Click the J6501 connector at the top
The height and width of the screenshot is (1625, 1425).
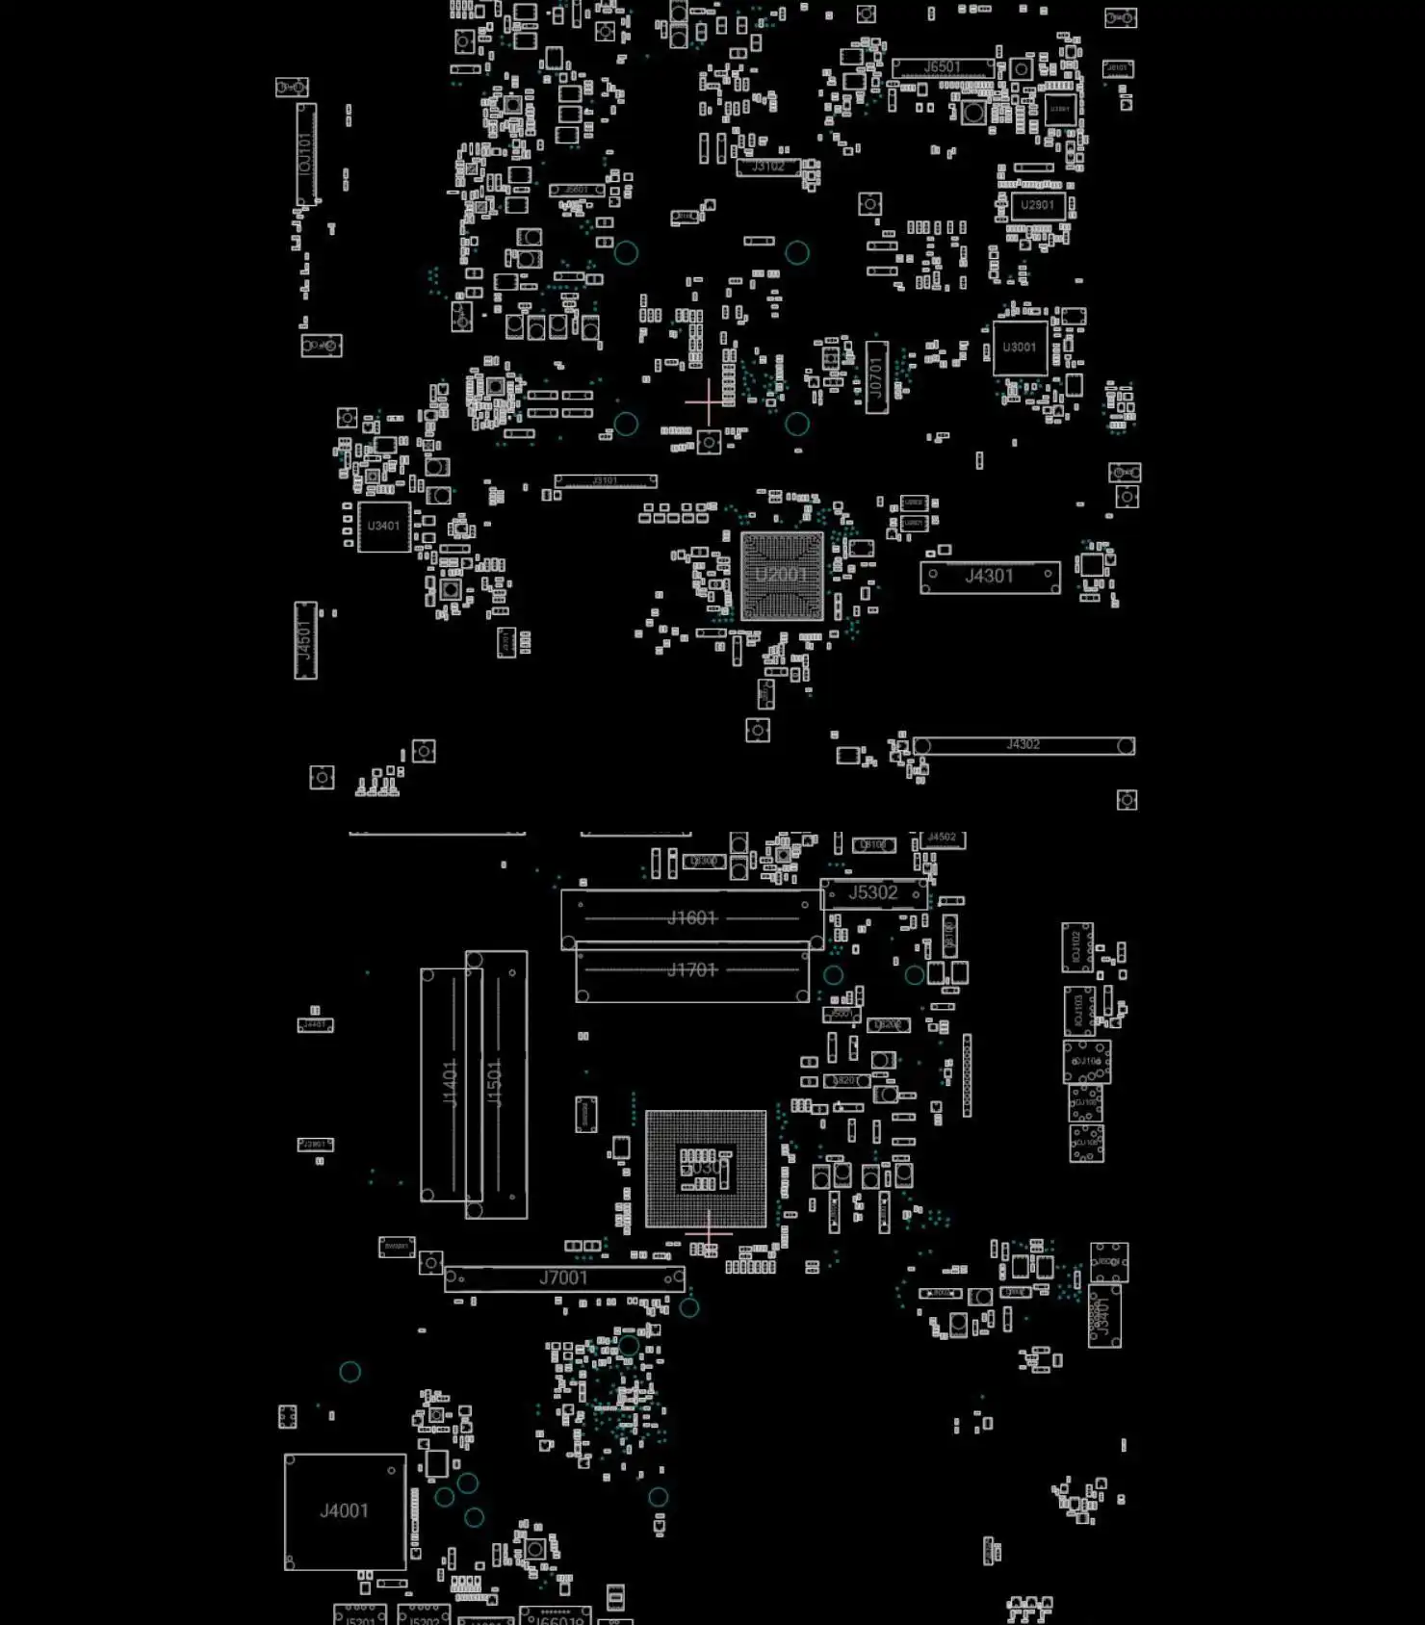(x=942, y=67)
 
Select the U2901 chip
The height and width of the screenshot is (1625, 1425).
(x=1036, y=205)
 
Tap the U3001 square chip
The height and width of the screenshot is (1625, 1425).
(x=1020, y=348)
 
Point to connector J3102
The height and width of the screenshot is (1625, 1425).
(x=767, y=167)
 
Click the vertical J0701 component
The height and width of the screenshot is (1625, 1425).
(x=876, y=375)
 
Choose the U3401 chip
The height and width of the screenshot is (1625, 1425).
(x=383, y=527)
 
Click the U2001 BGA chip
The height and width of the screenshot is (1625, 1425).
(x=782, y=576)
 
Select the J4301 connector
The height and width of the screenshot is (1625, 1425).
(x=990, y=577)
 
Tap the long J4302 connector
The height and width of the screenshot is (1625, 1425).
(x=1023, y=745)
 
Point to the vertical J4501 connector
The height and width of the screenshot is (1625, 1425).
(x=305, y=640)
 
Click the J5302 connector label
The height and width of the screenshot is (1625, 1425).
(x=873, y=893)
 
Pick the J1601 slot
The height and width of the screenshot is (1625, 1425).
(x=691, y=917)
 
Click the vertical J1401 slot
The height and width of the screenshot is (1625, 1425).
(x=450, y=1083)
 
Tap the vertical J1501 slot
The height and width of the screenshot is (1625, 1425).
(x=497, y=1083)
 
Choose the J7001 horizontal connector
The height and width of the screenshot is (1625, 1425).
(x=564, y=1278)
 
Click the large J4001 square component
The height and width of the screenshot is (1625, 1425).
(x=345, y=1511)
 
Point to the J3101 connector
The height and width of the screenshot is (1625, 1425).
(x=605, y=480)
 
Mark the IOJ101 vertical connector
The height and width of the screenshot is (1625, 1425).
(x=306, y=154)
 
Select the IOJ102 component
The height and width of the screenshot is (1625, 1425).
(x=1076, y=947)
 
